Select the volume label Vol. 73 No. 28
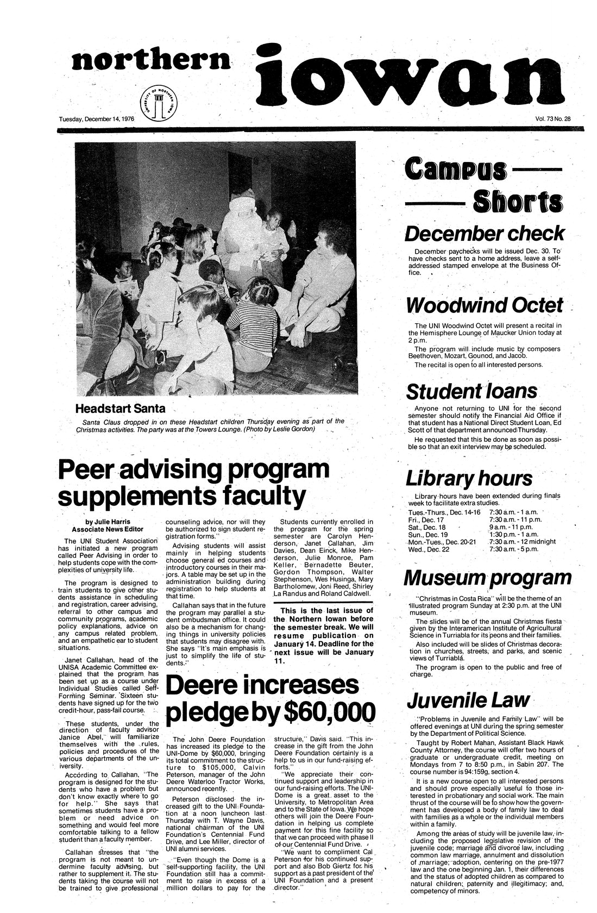pyautogui.click(x=549, y=118)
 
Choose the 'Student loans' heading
pyautogui.click(x=472, y=391)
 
